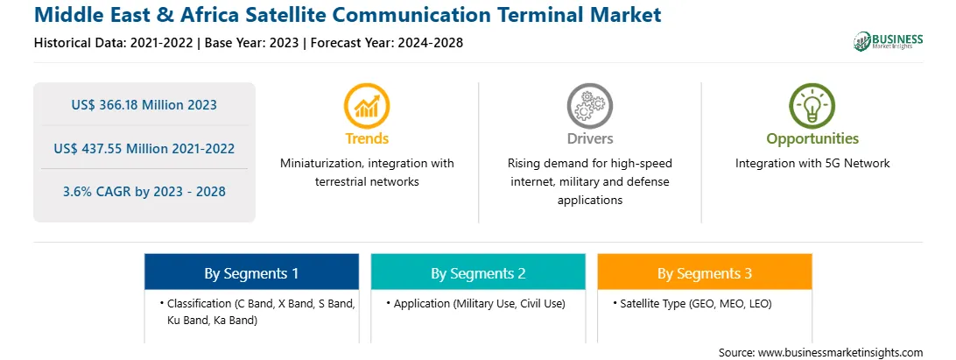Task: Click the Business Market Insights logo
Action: coord(888,41)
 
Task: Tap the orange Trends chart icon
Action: coord(367,106)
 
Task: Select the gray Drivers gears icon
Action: coord(589,106)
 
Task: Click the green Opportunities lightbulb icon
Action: coord(812,106)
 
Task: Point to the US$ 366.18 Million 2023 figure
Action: coord(144,105)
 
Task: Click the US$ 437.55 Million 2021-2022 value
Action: coord(144,148)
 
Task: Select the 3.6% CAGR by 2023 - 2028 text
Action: coord(144,192)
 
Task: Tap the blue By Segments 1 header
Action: coord(251,272)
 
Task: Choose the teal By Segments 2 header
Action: coord(478,272)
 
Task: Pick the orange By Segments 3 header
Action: coord(705,272)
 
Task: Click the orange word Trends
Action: coord(367,139)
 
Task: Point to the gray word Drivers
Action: coord(589,139)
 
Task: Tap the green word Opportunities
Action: coord(812,139)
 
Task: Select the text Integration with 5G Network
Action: coord(812,164)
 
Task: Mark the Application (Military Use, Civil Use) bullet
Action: coord(475,303)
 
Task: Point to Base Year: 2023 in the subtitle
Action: coord(252,43)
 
